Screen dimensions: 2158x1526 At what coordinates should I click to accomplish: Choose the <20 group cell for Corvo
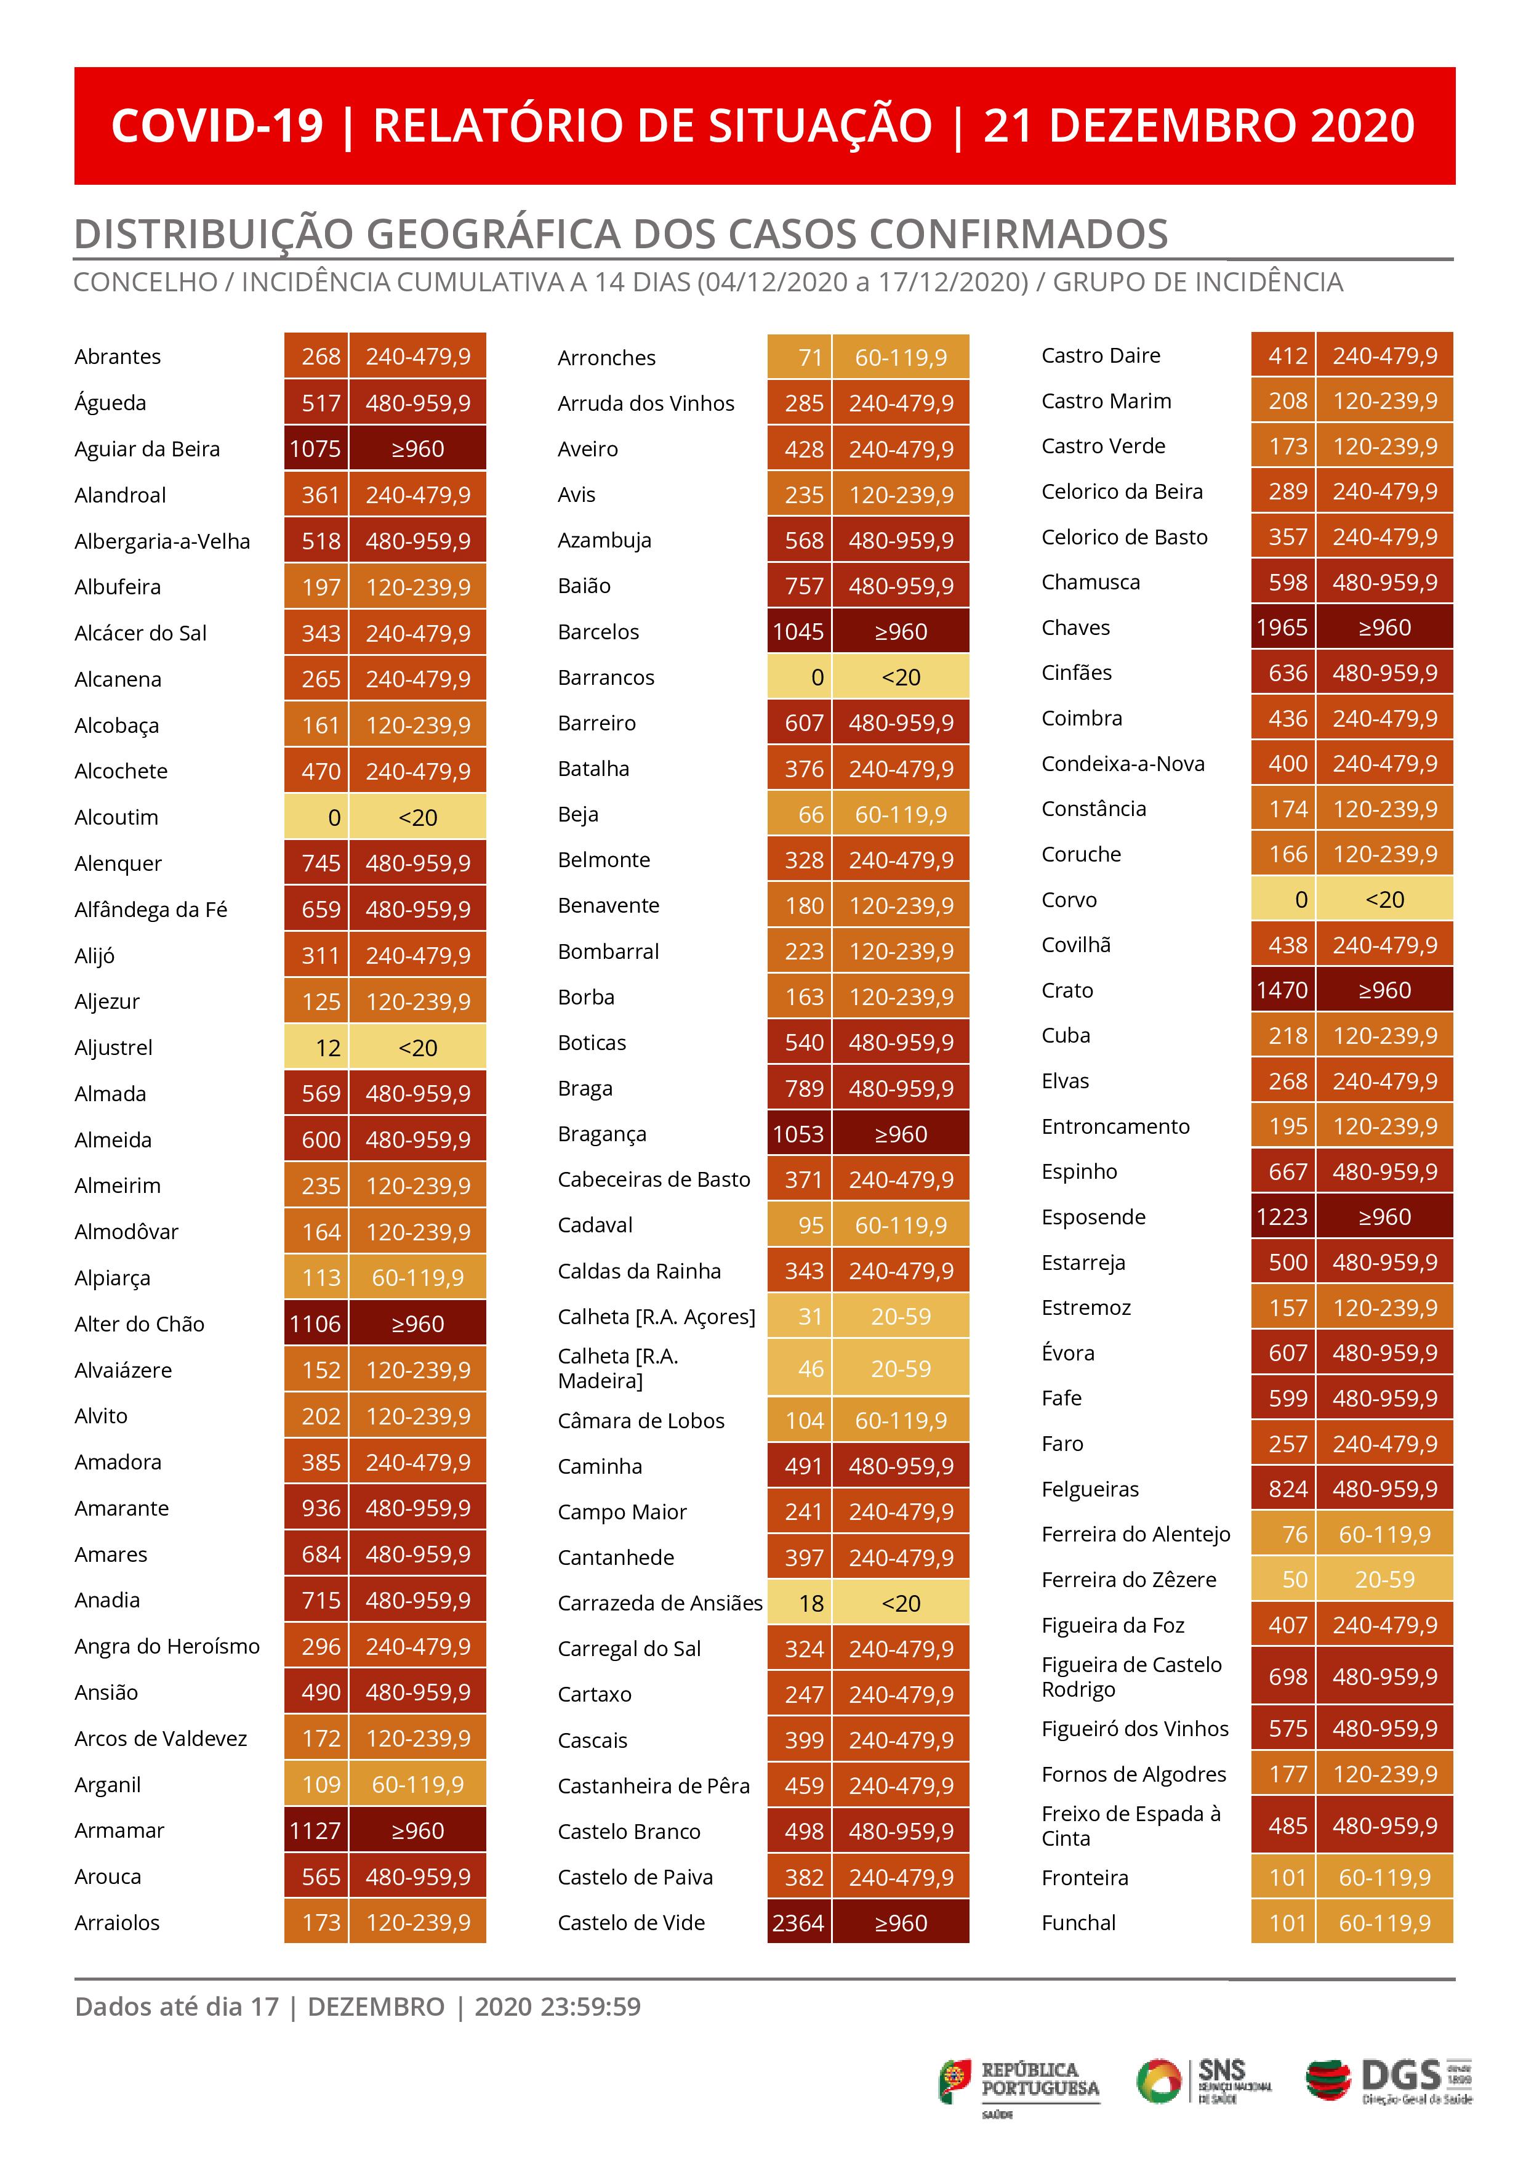[1384, 900]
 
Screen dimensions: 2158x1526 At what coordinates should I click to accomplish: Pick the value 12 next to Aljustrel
[327, 1048]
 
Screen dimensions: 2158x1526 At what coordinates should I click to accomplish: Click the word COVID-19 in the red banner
[217, 126]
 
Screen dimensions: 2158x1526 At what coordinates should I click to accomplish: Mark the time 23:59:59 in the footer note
[590, 2008]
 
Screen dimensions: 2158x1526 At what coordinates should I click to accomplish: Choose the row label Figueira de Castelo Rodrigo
[1131, 1677]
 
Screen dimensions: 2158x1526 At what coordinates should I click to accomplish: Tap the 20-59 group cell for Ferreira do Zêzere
[1384, 1580]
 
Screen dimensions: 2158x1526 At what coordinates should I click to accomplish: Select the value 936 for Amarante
[321, 1508]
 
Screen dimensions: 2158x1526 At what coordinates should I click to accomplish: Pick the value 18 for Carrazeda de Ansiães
[811, 1604]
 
